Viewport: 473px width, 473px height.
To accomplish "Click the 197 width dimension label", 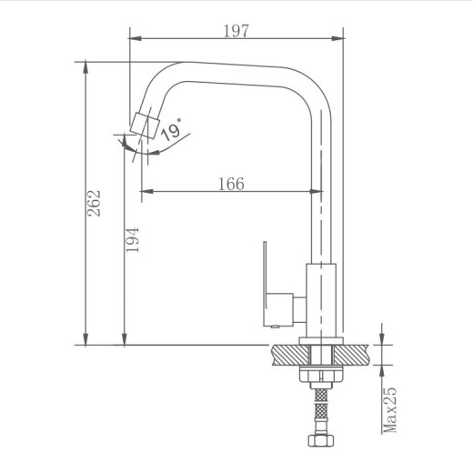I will click(x=236, y=30).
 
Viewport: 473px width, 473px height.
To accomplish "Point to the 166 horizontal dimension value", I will click(x=231, y=184).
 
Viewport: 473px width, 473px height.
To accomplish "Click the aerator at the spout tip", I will click(x=143, y=125).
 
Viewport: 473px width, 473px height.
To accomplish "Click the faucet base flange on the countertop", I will click(x=322, y=343).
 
